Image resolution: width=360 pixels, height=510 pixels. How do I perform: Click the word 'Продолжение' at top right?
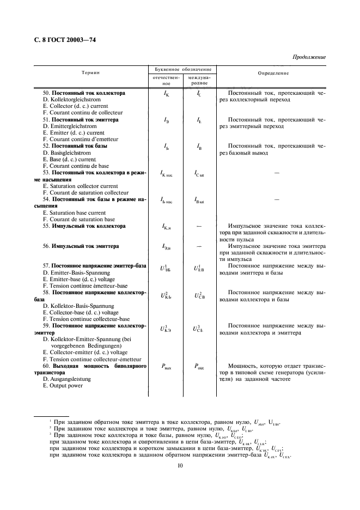(309, 57)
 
